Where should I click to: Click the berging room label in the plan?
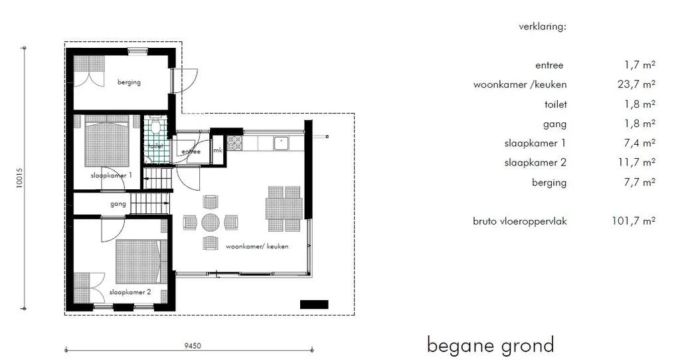(x=129, y=82)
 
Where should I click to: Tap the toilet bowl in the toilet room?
(x=156, y=126)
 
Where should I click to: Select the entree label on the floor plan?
(x=191, y=151)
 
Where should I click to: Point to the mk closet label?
(x=218, y=150)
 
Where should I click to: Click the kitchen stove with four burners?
(x=234, y=143)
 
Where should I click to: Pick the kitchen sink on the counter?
(x=281, y=143)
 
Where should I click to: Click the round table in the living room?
(x=211, y=223)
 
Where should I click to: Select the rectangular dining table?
(x=284, y=209)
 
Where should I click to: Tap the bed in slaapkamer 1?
(x=107, y=140)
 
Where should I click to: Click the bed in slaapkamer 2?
(x=141, y=262)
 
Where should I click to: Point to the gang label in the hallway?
(x=118, y=203)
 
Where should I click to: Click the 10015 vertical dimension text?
(x=19, y=178)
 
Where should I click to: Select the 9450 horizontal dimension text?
(x=193, y=345)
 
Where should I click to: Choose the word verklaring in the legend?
(x=543, y=27)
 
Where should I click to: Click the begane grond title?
(x=491, y=345)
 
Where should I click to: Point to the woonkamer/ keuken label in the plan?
(x=257, y=246)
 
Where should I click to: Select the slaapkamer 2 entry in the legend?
(x=535, y=163)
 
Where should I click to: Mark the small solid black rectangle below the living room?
(x=314, y=304)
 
